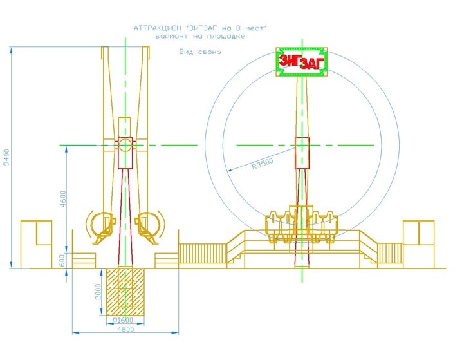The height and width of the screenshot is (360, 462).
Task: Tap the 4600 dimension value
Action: (x=63, y=199)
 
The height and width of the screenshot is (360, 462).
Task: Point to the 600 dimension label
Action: (x=62, y=260)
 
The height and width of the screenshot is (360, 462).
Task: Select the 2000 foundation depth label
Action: (x=98, y=292)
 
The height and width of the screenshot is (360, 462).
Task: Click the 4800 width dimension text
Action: (x=125, y=329)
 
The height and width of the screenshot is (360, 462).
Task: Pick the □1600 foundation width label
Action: (x=123, y=320)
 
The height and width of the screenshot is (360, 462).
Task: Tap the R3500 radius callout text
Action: (x=263, y=164)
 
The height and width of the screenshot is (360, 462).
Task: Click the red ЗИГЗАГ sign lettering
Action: (x=301, y=62)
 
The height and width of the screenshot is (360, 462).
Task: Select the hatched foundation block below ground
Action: (x=125, y=291)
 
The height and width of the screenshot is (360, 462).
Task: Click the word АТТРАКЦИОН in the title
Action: (x=158, y=28)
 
